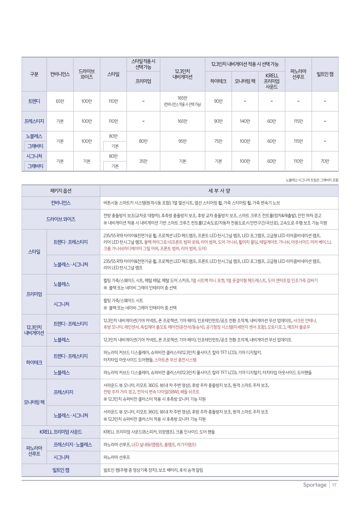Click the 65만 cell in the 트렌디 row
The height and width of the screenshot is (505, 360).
pos(60,101)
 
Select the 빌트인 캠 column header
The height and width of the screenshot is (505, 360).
pos(325,74)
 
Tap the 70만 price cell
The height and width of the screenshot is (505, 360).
pos(325,161)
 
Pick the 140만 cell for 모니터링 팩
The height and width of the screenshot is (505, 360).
pos(245,121)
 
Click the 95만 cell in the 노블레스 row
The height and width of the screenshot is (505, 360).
pos(182,141)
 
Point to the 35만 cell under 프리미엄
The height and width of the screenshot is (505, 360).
pos(143,161)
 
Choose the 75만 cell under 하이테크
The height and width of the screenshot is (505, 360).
pos(218,141)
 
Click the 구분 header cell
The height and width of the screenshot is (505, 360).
pos(34,74)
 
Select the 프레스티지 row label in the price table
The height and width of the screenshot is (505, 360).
pos(34,121)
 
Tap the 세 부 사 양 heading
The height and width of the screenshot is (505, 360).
pos(219,191)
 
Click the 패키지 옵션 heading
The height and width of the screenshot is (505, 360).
pos(61,191)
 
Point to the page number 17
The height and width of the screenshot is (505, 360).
pos(334,485)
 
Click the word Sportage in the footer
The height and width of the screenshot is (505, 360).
pos(315,485)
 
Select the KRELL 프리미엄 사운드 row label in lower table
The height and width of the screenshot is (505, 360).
pos(61,432)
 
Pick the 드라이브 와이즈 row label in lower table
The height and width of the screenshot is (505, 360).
pos(61,219)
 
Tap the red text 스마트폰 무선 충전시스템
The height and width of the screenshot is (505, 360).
pos(175,360)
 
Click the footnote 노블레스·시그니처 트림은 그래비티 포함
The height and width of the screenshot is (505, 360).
pos(312,180)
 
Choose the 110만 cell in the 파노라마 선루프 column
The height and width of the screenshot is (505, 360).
pos(298,161)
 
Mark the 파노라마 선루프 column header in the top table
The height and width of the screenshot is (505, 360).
pos(298,74)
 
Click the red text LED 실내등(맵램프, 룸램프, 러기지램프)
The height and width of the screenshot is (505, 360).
pos(164,445)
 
